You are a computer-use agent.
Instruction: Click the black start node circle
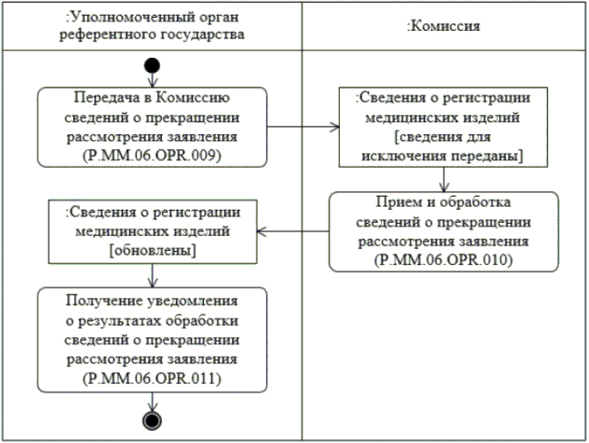coord(153,66)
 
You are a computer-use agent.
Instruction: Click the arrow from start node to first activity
coord(153,81)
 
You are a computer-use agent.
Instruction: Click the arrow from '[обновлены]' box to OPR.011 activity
coord(153,273)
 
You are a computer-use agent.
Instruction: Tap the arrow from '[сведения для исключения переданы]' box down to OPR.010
coord(443,178)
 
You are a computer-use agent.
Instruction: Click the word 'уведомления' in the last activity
coord(191,300)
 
